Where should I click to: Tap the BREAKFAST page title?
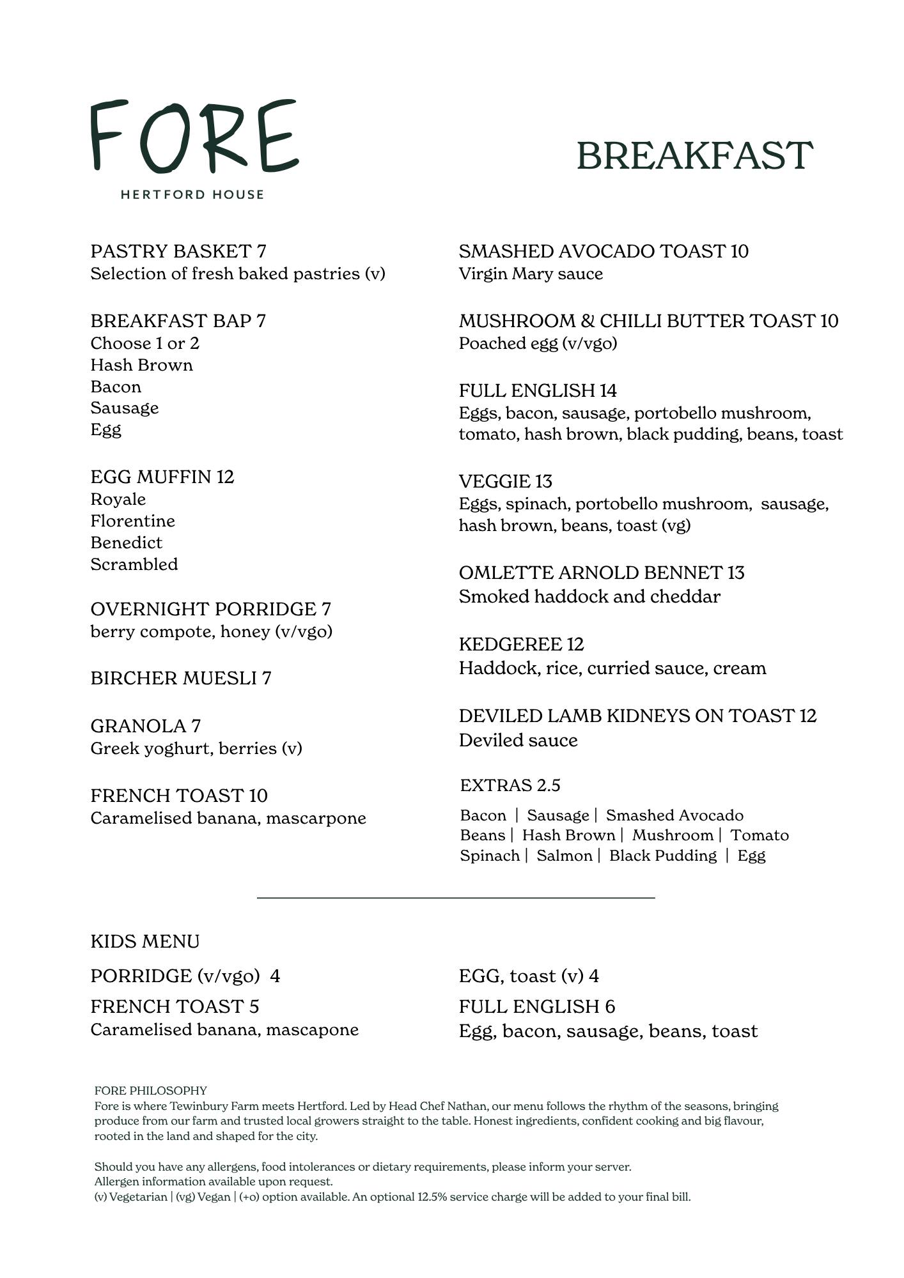click(694, 156)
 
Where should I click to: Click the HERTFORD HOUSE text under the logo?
click(192, 194)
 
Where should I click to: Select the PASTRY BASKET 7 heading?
click(178, 251)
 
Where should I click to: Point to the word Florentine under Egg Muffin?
click(132, 521)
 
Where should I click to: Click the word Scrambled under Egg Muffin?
click(134, 564)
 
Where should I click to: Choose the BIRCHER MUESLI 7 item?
click(180, 678)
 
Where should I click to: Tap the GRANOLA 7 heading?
click(145, 726)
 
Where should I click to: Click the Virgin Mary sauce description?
click(531, 273)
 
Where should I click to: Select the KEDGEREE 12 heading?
click(521, 644)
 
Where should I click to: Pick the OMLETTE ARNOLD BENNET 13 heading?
click(601, 573)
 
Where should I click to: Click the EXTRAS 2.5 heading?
click(510, 785)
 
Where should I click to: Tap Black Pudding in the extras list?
click(662, 856)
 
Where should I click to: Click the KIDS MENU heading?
click(144, 941)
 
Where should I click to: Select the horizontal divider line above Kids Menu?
click(456, 898)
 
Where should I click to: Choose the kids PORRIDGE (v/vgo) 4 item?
click(185, 976)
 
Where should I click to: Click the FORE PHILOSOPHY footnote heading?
click(150, 1090)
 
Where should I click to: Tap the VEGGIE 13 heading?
click(505, 481)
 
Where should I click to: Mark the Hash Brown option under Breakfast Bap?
click(141, 365)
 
